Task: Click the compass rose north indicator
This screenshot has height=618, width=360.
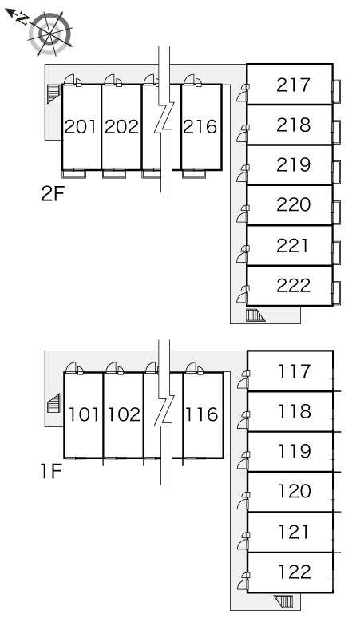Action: pyautogui.click(x=18, y=18)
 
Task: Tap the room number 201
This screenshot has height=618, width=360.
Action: pyautogui.click(x=81, y=127)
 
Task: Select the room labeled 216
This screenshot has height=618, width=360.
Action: pyautogui.click(x=200, y=127)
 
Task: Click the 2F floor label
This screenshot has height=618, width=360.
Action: pyautogui.click(x=53, y=194)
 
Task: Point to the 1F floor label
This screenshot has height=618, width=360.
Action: pyautogui.click(x=52, y=471)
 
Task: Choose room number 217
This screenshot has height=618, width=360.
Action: pyautogui.click(x=294, y=85)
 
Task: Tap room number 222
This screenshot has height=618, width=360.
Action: pyautogui.click(x=294, y=286)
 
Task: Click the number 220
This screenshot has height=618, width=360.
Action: pyautogui.click(x=294, y=205)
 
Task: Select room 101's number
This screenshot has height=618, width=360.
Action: pyautogui.click(x=84, y=414)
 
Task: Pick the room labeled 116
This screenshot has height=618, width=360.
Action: pyautogui.click(x=202, y=414)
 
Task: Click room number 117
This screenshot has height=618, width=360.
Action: pyautogui.click(x=295, y=371)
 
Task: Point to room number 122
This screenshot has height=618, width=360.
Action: pyautogui.click(x=295, y=572)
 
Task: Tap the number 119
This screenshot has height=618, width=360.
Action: pyautogui.click(x=295, y=451)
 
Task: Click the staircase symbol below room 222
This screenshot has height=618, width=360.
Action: pyautogui.click(x=255, y=315)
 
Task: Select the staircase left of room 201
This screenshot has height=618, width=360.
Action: pyautogui.click(x=53, y=93)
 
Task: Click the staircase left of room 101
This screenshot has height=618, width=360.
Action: pyautogui.click(x=53, y=403)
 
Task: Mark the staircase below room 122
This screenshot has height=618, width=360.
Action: pyautogui.click(x=283, y=601)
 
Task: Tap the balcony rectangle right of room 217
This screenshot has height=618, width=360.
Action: pyautogui.click(x=336, y=92)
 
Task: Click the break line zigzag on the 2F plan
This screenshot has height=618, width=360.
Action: pyautogui.click(x=165, y=119)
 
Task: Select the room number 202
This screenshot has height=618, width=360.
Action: pyautogui.click(x=121, y=127)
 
